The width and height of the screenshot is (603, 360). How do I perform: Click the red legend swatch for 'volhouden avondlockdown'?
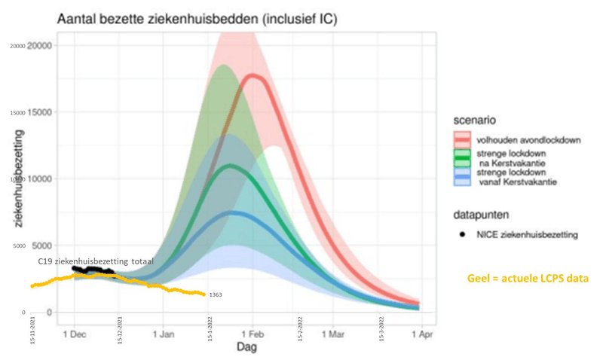click(x=462, y=140)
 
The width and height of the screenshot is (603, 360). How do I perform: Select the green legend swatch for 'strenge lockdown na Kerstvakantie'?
click(x=462, y=159)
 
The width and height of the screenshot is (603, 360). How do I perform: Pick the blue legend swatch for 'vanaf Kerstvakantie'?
click(x=462, y=178)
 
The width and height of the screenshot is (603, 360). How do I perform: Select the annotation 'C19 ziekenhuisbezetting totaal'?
click(x=96, y=261)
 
